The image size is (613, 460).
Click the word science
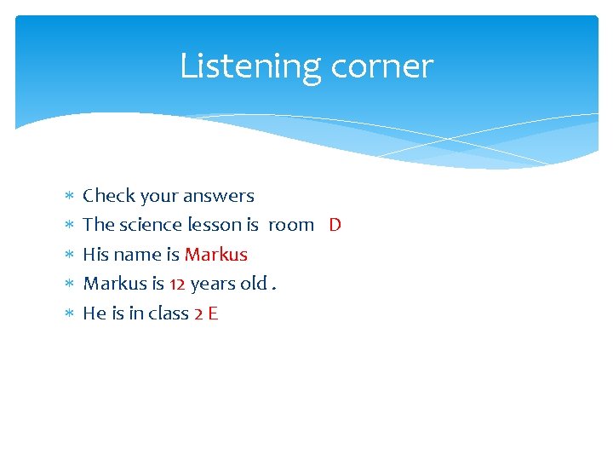pos(151,225)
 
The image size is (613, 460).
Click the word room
pos(291,225)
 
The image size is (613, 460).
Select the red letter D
pos(335,225)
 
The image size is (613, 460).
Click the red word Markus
pos(216,255)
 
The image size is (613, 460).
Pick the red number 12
pos(177,284)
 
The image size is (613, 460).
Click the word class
pos(169,313)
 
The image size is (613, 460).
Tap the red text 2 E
pos(207,313)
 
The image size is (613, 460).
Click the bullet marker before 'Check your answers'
pos(69,197)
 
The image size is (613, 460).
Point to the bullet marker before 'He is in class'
pos(69,314)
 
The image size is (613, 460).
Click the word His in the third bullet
pos(95,255)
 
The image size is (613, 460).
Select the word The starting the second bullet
pos(98,225)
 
